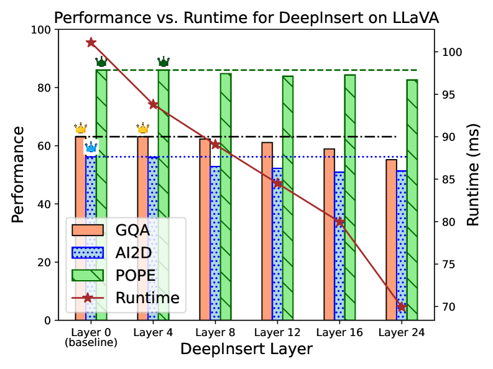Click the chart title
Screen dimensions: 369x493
pos(246,18)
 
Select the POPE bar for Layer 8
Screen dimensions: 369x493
pos(226,196)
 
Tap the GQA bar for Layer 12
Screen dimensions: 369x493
pos(267,231)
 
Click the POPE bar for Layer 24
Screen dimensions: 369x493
pos(412,199)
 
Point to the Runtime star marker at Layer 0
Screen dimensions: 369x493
pos(91,42)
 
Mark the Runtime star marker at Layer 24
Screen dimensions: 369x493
pos(402,306)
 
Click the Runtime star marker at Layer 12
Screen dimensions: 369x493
pos(277,183)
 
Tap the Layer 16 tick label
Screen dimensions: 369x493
pos(339,332)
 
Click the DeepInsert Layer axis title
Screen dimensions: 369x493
pos(246,349)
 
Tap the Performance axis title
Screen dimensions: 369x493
pos(19,175)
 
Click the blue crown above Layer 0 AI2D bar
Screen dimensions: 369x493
pos(91,147)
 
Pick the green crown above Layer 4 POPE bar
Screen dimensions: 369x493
pos(164,61)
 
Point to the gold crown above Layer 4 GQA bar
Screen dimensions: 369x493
pos(143,129)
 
